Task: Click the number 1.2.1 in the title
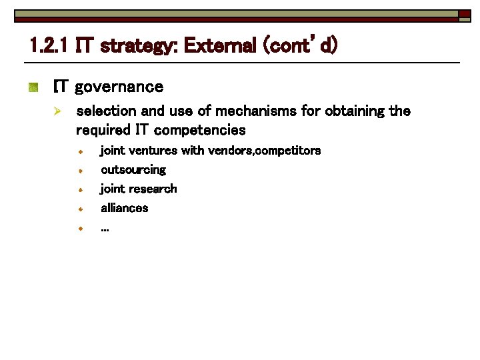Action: click(51, 47)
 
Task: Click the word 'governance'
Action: click(119, 87)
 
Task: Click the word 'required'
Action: click(103, 129)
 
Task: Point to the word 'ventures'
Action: click(153, 151)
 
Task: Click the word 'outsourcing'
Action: click(133, 170)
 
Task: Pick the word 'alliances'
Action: click(125, 208)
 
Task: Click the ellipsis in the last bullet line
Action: click(105, 229)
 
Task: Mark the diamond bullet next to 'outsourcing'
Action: click(79, 171)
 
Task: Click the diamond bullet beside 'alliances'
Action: click(79, 209)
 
